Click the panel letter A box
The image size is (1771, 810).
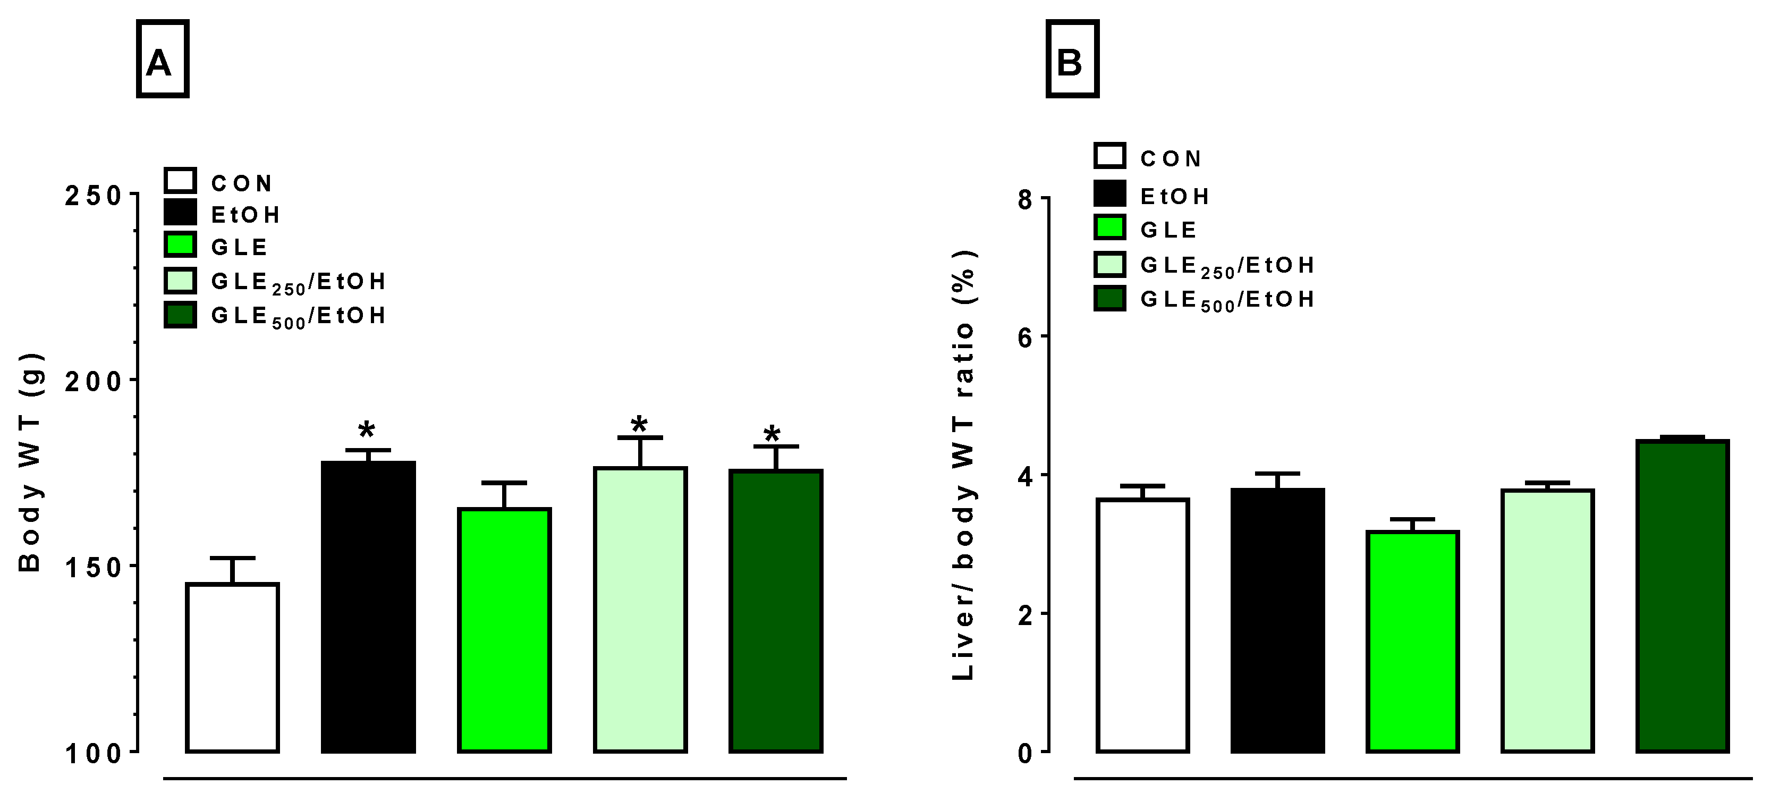coord(162,59)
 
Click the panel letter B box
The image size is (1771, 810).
coord(1072,59)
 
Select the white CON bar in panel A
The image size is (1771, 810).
coord(232,667)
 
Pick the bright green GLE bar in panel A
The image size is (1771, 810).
coord(504,630)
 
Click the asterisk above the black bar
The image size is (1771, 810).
coord(367,432)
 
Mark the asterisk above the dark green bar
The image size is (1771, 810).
coord(772,435)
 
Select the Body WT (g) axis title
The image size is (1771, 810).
coord(31,462)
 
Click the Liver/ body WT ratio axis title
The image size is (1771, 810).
coord(964,465)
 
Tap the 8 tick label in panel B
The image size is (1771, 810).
coord(1025,200)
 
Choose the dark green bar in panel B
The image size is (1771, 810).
coord(1682,595)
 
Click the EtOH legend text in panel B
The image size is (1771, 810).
coord(1174,197)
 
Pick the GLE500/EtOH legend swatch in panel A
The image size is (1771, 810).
coord(180,315)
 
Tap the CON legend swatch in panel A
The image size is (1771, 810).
coord(180,181)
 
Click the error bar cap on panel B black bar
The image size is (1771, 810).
coord(1277,474)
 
